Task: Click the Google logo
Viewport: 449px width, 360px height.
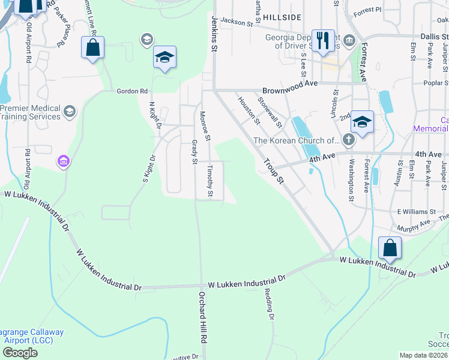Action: pos(20,353)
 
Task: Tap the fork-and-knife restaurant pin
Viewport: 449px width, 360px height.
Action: pos(323,41)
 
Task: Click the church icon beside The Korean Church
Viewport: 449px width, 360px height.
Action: pos(348,140)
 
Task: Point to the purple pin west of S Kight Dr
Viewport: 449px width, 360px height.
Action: pos(63,161)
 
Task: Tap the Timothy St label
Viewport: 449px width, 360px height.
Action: pos(210,181)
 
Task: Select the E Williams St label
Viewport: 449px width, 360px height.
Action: pos(415,212)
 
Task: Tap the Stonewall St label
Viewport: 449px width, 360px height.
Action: pos(270,112)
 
